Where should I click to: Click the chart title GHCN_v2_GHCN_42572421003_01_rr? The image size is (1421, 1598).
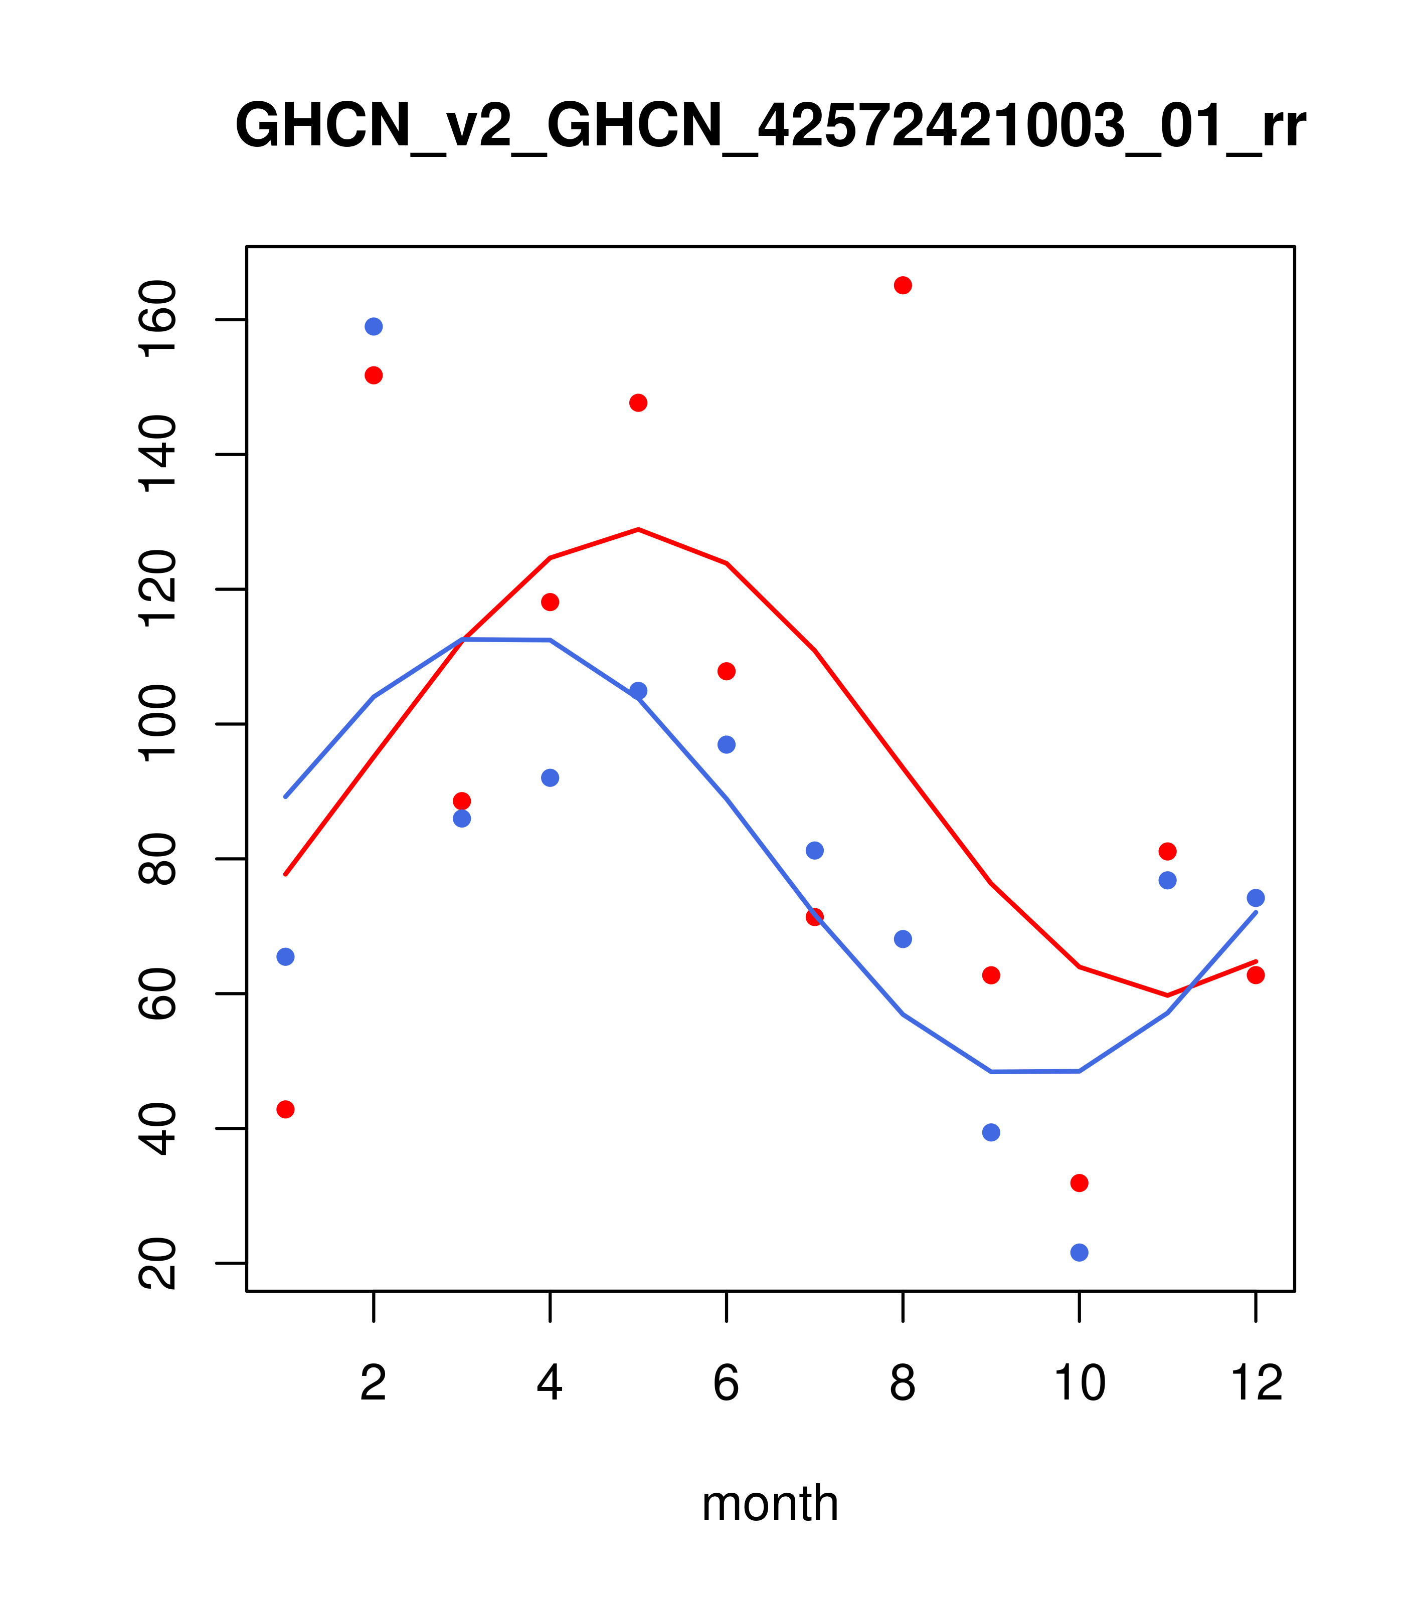[770, 127]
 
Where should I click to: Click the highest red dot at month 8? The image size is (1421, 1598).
[903, 285]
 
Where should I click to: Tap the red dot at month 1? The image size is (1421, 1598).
[285, 1109]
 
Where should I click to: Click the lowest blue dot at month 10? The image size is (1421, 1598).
[1079, 1253]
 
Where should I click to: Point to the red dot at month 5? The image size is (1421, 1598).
[638, 403]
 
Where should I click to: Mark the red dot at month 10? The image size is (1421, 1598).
[1079, 1183]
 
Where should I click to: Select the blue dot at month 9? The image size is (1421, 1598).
[991, 1132]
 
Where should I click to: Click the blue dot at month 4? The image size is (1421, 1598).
[550, 778]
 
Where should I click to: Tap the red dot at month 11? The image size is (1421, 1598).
[1168, 851]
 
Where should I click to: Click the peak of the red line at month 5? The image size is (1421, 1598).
[638, 529]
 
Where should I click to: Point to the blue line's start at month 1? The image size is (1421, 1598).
[285, 796]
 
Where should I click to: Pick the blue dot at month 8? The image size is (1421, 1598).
[903, 939]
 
